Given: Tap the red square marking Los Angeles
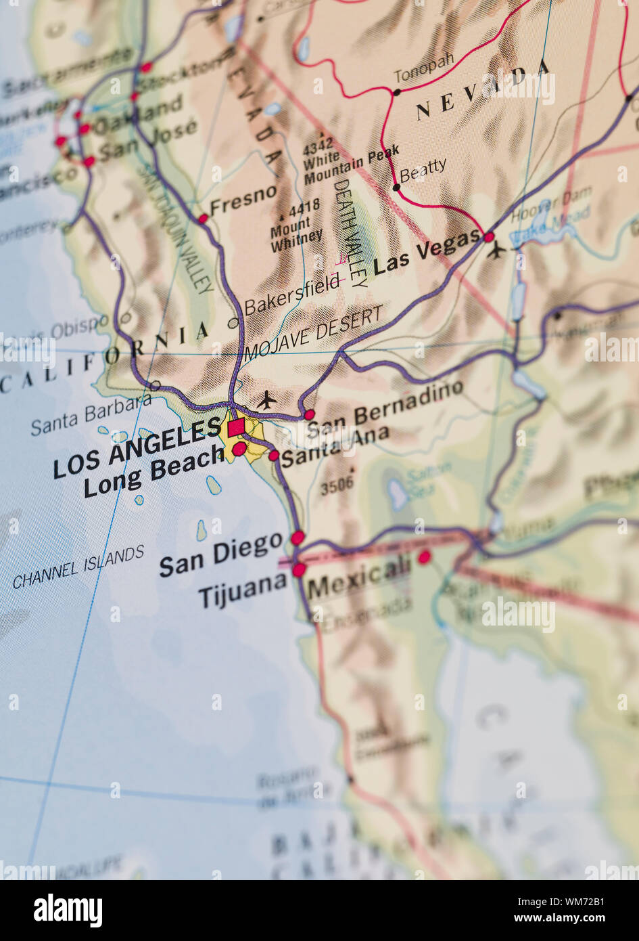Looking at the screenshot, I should tap(236, 428).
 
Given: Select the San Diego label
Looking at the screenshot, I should tap(220, 553).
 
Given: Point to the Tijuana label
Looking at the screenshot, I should tap(243, 590).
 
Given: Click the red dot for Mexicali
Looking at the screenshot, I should tap(424, 557).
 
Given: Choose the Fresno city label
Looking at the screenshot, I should tap(243, 200).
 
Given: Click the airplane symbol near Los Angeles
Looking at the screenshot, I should tap(267, 400).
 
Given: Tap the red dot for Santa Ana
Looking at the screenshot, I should tap(274, 456).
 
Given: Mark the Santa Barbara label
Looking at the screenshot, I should tap(91, 414).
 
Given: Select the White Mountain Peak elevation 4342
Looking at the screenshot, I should tap(318, 143).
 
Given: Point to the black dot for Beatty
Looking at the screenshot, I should tap(397, 187).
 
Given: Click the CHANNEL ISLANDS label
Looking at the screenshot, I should tap(78, 567).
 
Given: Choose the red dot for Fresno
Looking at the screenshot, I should tap(203, 218).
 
